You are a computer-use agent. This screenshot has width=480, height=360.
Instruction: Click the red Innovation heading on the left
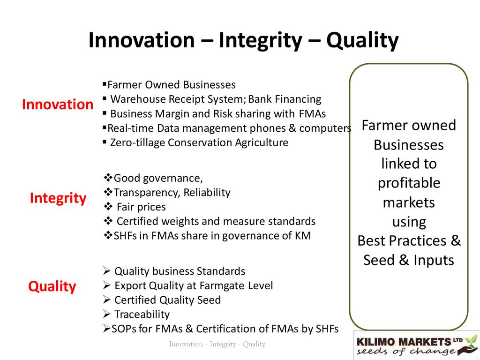coord(58,105)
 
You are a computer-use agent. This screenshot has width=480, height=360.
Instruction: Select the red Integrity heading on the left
coord(58,199)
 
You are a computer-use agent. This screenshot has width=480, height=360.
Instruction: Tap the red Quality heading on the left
coord(52,287)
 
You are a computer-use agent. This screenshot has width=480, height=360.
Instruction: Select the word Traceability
coord(142,315)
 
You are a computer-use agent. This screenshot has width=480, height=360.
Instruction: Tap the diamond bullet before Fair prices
coord(108,206)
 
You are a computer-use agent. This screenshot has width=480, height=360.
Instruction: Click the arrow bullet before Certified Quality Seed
coord(107,300)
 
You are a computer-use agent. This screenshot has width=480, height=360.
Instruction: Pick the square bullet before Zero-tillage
coord(105,142)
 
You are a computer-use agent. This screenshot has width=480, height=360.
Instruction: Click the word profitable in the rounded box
coord(409,183)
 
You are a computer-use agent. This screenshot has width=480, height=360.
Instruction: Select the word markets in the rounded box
coord(409,202)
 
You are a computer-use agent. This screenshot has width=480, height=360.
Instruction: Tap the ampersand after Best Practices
coord(456,240)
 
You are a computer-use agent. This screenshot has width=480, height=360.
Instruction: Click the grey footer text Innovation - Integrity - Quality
coord(217,344)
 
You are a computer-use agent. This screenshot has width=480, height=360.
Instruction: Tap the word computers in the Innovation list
coord(325,128)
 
